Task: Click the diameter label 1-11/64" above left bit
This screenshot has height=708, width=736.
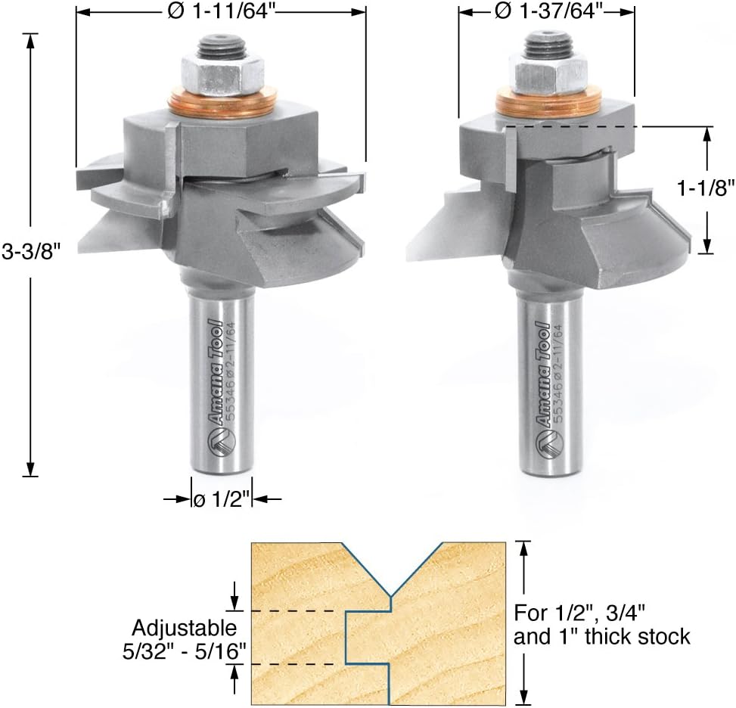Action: click(221, 12)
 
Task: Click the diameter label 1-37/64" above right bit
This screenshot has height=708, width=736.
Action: click(548, 12)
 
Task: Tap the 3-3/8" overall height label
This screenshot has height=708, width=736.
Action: click(32, 252)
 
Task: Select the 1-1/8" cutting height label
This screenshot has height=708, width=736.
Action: click(704, 188)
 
